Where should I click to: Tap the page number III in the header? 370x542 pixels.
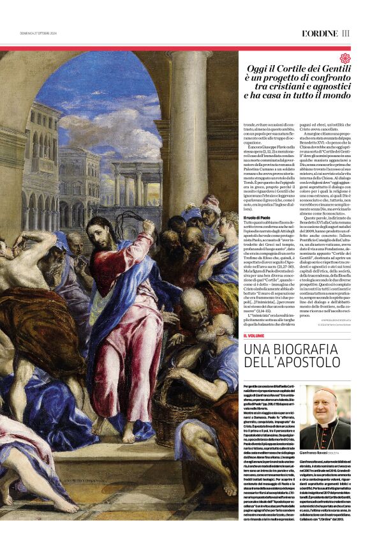click(346, 33)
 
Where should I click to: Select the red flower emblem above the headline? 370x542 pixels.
click(345, 59)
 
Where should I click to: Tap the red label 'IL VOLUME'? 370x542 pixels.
click(253, 335)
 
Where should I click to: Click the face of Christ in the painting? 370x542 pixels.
click(98, 229)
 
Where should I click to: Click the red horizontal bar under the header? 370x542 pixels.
click(185, 48)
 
